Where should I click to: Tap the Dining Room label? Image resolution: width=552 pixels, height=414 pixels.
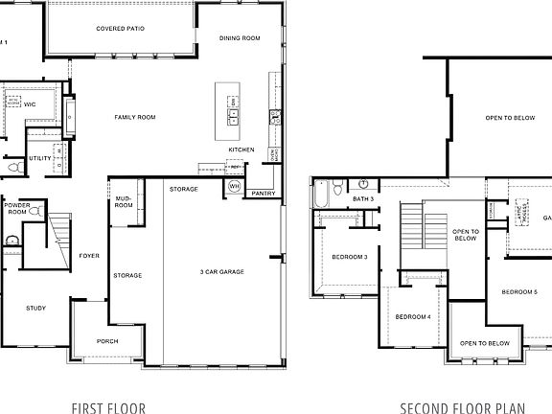pos(240,38)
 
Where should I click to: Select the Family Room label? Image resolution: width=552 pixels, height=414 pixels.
pos(135,117)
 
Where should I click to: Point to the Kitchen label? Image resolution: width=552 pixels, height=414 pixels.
pos(241,149)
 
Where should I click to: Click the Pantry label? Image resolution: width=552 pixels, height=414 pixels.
pos(264,194)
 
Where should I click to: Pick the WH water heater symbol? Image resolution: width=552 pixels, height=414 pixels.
pos(234,186)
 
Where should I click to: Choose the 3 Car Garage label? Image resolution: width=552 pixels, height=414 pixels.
pos(221,272)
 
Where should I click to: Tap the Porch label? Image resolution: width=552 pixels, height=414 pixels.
pos(108,341)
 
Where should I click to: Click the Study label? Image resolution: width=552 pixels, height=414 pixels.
pos(36,308)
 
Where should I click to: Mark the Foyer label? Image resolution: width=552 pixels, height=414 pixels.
pos(89,257)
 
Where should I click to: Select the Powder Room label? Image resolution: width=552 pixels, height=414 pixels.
pos(17,209)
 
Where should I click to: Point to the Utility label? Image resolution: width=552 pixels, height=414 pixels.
pos(40,158)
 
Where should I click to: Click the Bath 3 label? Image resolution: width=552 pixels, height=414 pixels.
pos(363,198)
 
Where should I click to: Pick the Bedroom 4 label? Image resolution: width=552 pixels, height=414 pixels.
pos(413,316)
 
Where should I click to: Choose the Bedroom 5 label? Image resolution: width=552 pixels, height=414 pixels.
pos(518,291)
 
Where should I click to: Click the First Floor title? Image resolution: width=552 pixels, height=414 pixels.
pos(109,407)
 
